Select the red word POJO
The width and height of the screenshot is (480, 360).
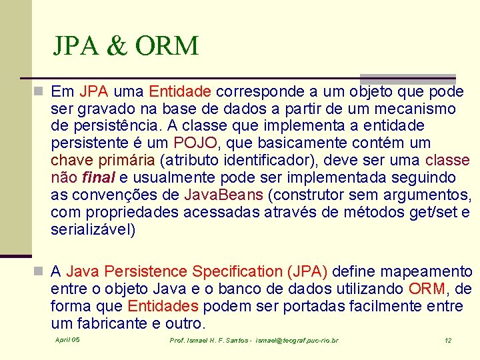point(195,143)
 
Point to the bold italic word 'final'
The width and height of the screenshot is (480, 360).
point(98,178)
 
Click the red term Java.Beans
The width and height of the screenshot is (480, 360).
point(225,195)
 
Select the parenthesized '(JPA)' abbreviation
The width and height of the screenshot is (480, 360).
point(307,271)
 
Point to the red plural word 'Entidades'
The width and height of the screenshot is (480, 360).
point(163,306)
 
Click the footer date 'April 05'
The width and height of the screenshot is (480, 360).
point(67,340)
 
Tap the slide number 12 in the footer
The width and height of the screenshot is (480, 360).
point(448,340)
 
